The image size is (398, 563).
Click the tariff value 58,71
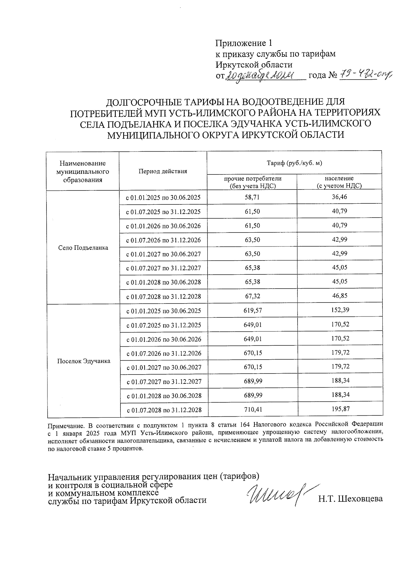coord(252,197)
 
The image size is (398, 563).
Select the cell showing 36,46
coord(340,197)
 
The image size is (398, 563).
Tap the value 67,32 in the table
coord(252,296)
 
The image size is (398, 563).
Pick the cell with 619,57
coord(253,311)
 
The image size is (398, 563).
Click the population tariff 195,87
coord(340,409)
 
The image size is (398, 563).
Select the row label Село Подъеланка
coord(83,248)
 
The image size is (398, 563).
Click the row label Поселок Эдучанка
coord(84,361)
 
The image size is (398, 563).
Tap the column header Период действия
coord(163,171)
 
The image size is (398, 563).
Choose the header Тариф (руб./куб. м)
coord(295,163)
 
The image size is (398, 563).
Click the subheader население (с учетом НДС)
coord(339,182)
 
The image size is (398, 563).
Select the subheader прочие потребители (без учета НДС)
coord(253,182)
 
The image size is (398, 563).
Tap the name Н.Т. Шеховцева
coord(350,499)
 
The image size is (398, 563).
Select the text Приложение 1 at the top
coord(244,43)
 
